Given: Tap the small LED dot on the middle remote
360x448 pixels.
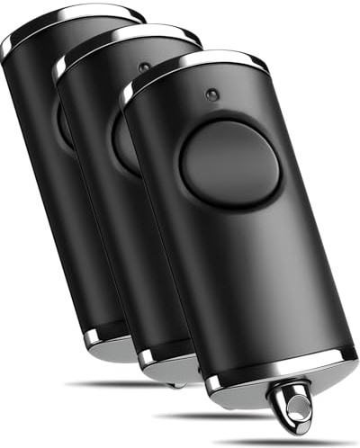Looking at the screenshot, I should [144, 67].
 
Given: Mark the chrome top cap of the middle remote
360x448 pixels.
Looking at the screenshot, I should [126, 41].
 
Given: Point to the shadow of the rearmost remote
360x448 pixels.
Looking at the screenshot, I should [99, 384].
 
